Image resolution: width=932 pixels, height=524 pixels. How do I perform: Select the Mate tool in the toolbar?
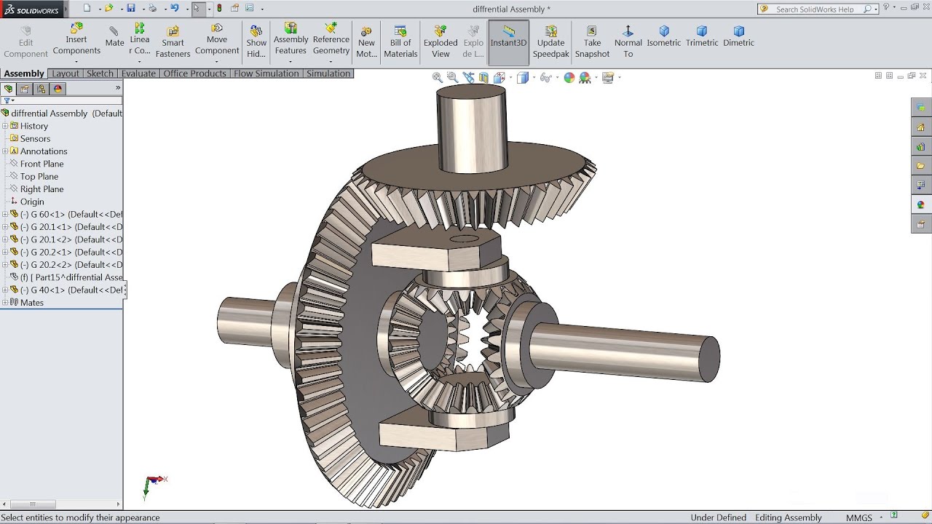click(114, 36)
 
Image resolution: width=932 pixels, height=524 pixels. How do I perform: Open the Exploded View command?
click(441, 41)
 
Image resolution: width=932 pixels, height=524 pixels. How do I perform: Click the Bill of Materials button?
click(400, 41)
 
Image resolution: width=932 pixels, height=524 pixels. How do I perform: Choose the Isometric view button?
click(663, 36)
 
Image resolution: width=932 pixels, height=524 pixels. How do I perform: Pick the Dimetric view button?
click(738, 36)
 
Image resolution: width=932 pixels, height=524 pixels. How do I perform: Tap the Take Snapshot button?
click(592, 41)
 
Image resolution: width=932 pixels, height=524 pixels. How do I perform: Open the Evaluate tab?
click(138, 74)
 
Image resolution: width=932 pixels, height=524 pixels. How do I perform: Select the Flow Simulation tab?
click(266, 74)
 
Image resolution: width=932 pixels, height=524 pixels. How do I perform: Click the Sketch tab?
click(100, 74)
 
